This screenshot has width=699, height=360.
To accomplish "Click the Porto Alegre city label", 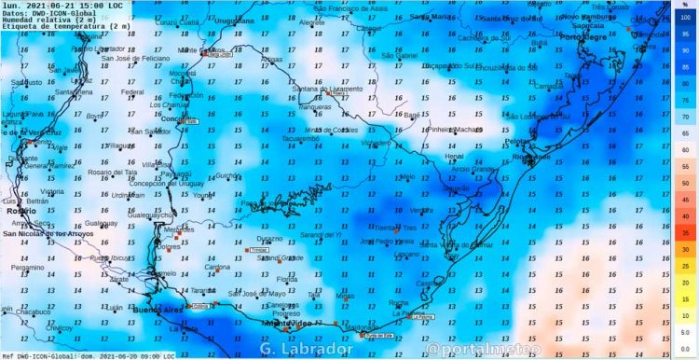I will [x=582, y=36].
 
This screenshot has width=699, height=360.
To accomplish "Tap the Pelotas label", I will [x=517, y=140].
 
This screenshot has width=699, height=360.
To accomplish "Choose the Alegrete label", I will [x=313, y=22].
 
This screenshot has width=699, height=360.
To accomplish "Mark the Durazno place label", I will [x=270, y=239].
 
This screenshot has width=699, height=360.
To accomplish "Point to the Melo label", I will [x=406, y=175].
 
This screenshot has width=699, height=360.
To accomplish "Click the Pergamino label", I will [x=27, y=268].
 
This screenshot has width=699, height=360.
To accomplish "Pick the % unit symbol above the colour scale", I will [x=685, y=5].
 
